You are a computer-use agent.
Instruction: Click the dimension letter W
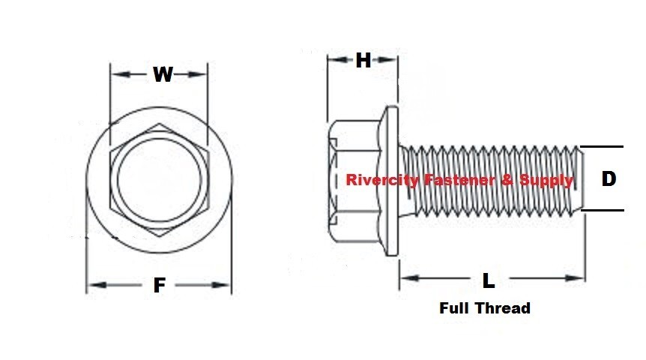163,74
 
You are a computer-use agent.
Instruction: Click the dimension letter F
159,286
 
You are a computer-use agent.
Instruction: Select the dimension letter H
363,61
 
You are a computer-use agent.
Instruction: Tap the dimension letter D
609,179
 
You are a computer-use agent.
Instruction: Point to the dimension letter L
489,281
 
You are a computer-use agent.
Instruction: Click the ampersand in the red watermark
509,180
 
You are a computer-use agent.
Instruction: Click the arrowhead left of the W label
117,74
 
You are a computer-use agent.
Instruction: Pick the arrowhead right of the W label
200,74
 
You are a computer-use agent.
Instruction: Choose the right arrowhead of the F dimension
224,285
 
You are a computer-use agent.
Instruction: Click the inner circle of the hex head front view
158,179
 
